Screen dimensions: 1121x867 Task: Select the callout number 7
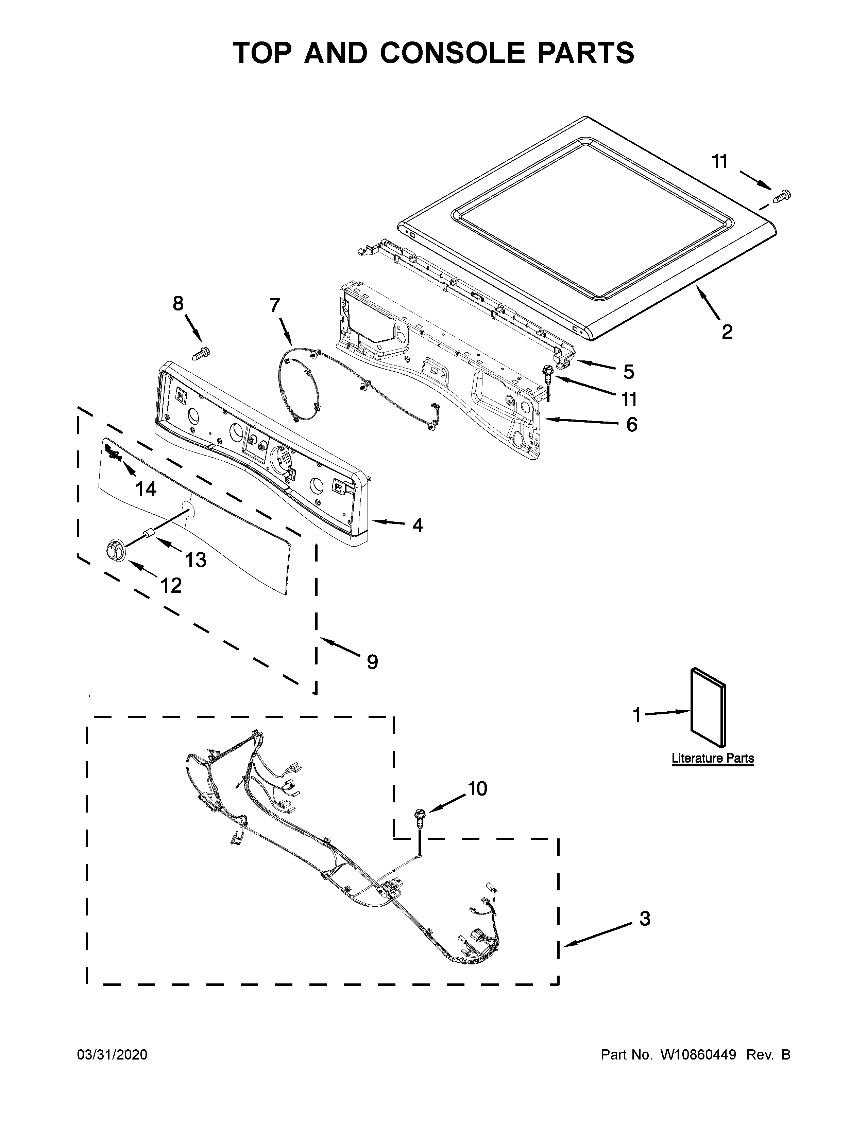[275, 305]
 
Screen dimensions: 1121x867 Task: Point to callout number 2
[727, 332]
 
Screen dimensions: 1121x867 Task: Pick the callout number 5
[629, 372]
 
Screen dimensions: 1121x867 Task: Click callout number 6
[631, 425]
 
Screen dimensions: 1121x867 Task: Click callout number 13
[196, 560]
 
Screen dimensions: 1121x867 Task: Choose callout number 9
[372, 662]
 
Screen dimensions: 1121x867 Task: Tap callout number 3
[645, 919]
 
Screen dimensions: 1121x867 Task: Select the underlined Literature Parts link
[712, 759]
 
